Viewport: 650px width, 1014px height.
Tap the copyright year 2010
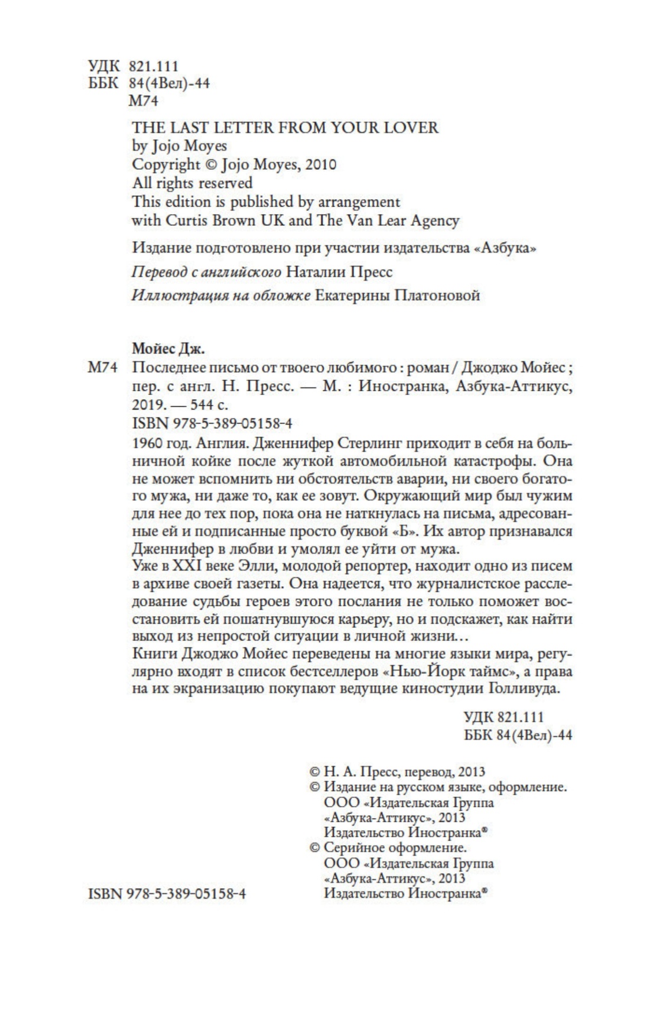pyautogui.click(x=320, y=164)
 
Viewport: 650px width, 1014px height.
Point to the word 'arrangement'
pyautogui.click(x=359, y=202)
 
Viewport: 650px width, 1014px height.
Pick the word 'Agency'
pyautogui.click(x=433, y=221)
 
